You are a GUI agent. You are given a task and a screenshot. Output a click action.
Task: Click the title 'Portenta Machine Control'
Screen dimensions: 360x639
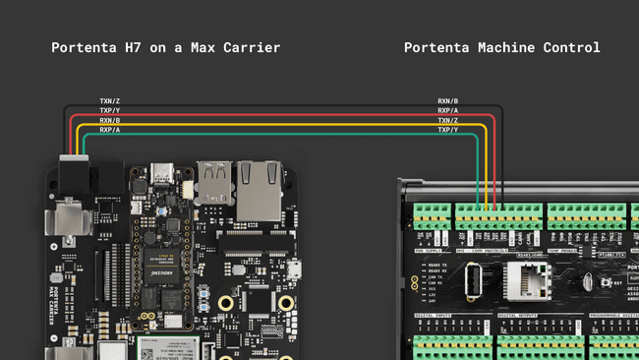[x=501, y=47]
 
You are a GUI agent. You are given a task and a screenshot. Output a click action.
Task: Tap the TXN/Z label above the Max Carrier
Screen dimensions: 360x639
[x=109, y=100]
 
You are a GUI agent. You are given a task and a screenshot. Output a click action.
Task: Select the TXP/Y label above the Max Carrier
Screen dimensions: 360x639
[x=109, y=110]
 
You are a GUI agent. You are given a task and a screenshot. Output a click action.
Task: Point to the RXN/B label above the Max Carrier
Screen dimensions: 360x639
[x=109, y=120]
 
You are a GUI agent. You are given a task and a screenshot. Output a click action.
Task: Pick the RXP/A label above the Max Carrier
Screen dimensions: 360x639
[x=109, y=130]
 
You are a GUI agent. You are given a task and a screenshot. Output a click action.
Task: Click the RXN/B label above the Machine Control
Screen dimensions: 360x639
[x=447, y=100]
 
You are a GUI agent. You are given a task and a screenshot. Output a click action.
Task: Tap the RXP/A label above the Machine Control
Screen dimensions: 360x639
[x=447, y=110]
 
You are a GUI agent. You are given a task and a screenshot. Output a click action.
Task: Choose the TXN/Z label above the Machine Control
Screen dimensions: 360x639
[x=447, y=120]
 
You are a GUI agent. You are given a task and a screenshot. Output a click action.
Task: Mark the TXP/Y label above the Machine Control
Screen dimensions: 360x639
[x=447, y=130]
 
